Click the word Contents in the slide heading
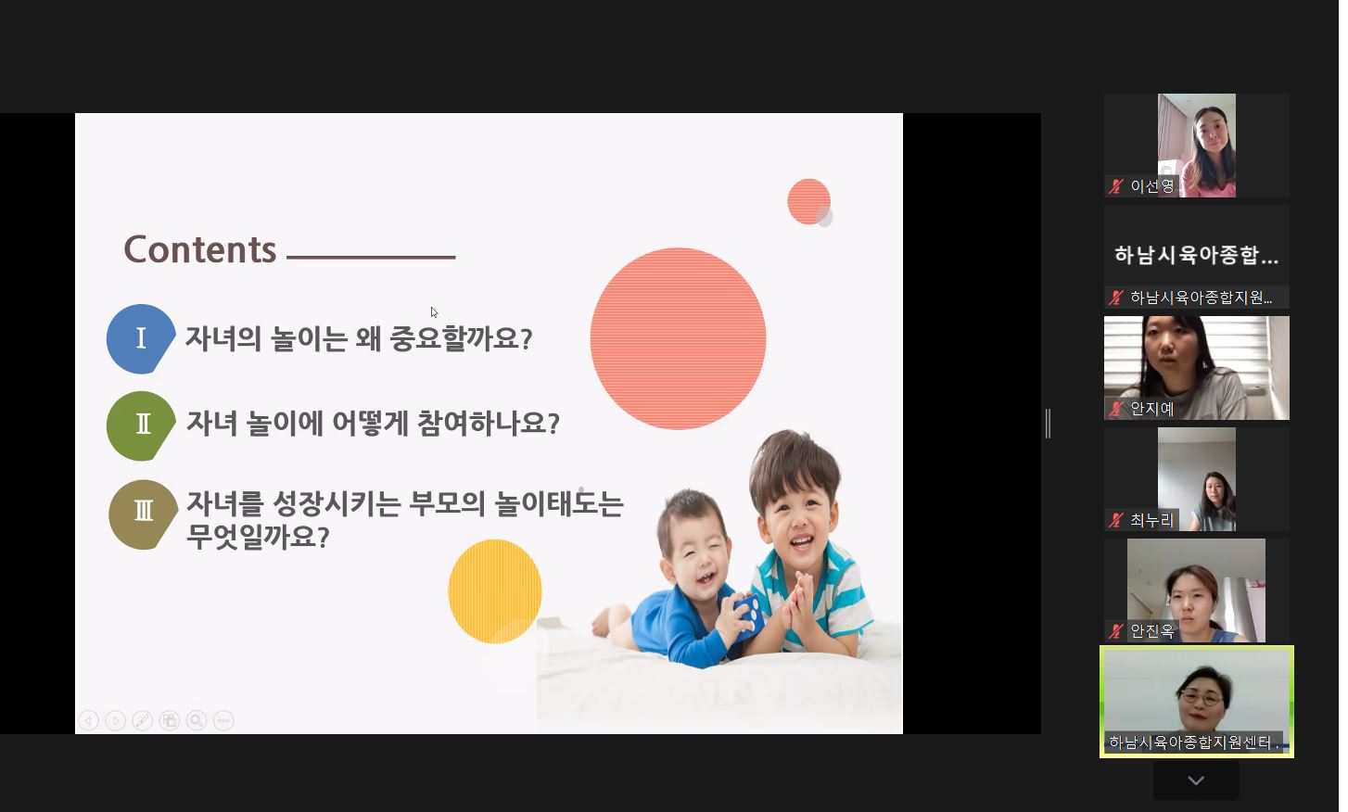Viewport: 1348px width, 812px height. (x=200, y=249)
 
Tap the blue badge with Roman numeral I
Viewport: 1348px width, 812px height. (x=141, y=338)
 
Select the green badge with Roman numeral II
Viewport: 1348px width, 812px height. (x=141, y=425)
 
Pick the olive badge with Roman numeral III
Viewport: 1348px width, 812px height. (x=143, y=514)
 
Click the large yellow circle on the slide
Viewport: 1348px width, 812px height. (x=495, y=591)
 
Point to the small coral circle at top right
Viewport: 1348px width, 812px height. (x=808, y=201)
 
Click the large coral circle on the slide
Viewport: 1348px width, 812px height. (x=678, y=338)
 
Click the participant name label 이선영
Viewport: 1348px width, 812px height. (x=1151, y=186)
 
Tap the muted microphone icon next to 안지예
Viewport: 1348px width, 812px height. (x=1116, y=409)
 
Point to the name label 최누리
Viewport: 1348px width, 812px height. (x=1151, y=520)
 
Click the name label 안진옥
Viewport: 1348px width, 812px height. (x=1151, y=631)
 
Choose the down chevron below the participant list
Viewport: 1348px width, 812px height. (x=1196, y=780)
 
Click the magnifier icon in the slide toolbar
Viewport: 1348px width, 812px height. (x=197, y=720)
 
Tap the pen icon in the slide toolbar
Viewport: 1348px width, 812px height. (x=142, y=720)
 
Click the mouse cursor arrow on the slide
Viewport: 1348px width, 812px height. (x=434, y=312)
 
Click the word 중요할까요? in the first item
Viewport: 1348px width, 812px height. (x=461, y=338)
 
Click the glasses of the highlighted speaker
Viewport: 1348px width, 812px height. (x=1202, y=698)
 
